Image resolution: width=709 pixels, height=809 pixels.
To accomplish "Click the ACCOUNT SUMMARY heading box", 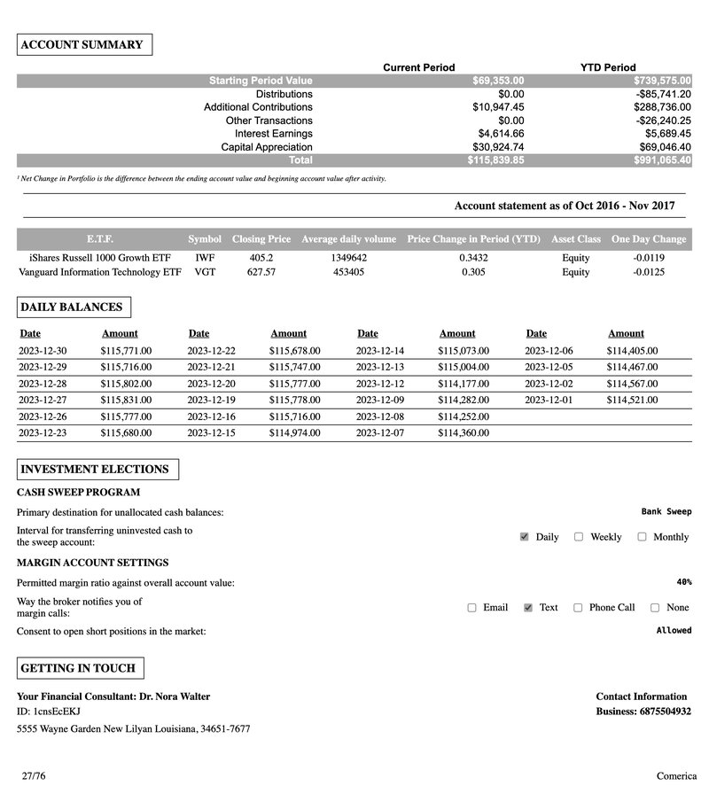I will (x=84, y=45).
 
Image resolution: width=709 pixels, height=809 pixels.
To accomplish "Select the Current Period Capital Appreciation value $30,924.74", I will (x=498, y=147).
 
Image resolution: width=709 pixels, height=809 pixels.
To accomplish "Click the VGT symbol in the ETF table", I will (x=205, y=272).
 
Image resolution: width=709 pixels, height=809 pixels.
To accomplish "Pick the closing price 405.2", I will (x=261, y=258).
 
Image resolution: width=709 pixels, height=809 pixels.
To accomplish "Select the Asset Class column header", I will (x=575, y=239).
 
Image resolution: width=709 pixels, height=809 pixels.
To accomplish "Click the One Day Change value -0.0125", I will (x=649, y=272).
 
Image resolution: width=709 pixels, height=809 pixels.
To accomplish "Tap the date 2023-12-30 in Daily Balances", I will (x=43, y=351).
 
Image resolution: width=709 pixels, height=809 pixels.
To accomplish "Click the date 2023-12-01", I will (x=549, y=400).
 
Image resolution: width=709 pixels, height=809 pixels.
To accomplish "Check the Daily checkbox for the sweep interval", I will (x=525, y=537).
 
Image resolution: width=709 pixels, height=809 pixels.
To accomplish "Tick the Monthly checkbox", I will (x=643, y=537).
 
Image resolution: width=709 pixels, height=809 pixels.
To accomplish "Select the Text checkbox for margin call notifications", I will (x=528, y=608).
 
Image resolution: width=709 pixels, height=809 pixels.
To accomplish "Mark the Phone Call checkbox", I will (x=578, y=608).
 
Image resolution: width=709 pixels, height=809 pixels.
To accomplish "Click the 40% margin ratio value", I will (x=683, y=582).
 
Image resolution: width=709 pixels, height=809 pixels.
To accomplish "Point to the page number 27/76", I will (x=34, y=776).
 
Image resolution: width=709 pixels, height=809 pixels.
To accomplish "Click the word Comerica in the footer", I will (x=676, y=776).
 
